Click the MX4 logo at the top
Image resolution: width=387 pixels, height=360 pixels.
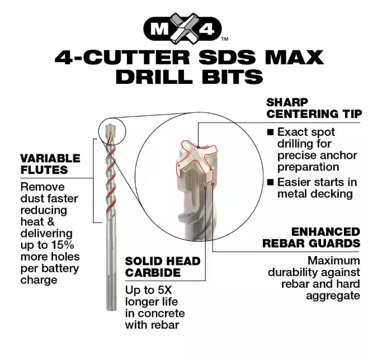point(183,29)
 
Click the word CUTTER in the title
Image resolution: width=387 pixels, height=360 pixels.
point(136,58)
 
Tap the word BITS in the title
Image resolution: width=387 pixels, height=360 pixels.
point(232,77)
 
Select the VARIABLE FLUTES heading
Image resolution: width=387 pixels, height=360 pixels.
point(50,164)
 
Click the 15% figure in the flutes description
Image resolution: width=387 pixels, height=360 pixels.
point(63,245)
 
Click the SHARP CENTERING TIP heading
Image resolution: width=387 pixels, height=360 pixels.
point(314,108)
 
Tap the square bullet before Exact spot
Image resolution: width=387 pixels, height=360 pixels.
point(271,132)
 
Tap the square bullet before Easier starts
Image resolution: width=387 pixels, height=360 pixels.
point(271,182)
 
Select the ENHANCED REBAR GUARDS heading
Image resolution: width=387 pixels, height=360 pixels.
point(312,238)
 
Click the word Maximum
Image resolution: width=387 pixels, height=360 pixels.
point(334,261)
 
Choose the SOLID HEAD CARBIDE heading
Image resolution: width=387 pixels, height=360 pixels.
point(163,267)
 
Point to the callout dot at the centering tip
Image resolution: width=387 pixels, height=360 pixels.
point(198,147)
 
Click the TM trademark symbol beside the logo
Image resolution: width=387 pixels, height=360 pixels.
point(225,39)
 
